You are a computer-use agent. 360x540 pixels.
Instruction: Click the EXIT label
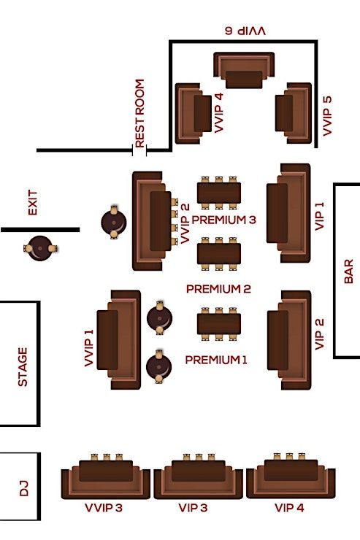tap(32, 203)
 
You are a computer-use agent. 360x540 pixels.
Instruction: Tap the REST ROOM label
tap(139, 113)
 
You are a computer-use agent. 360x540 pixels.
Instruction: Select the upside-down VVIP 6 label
tap(245, 31)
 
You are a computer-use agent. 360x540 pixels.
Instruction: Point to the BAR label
tap(348, 271)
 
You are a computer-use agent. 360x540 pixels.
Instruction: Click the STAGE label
tap(23, 367)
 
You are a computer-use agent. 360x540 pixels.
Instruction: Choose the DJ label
tap(24, 489)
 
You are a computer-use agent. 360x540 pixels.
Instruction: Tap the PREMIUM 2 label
tap(218, 288)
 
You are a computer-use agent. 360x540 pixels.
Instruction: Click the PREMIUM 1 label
tap(216, 360)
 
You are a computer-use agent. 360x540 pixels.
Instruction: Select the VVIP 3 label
tap(104, 508)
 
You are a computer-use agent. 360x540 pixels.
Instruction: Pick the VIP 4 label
tap(289, 508)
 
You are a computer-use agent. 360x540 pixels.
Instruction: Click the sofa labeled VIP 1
tap(288, 213)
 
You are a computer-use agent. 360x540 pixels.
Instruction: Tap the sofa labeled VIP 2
tap(289, 340)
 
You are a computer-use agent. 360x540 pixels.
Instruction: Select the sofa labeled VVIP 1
tap(119, 340)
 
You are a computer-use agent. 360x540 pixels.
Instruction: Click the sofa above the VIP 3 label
tap(199, 479)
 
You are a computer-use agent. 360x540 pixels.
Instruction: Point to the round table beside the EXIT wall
tap(40, 248)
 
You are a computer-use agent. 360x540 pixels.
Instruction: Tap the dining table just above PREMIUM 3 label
tap(219, 193)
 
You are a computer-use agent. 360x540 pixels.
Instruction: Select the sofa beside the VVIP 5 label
tap(294, 113)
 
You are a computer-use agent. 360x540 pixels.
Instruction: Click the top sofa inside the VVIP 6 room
tap(244, 70)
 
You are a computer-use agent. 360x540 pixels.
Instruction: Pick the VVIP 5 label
tap(327, 116)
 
